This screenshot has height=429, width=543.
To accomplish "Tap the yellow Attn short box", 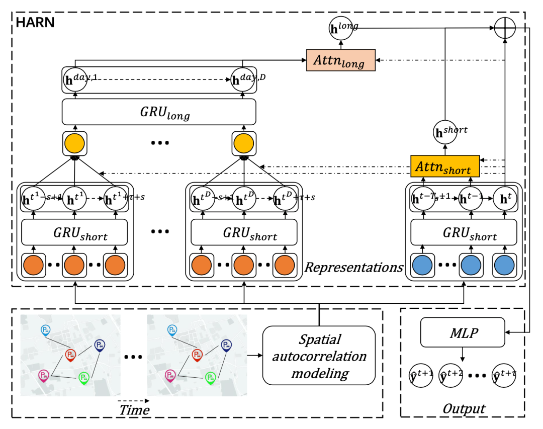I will tap(444, 166).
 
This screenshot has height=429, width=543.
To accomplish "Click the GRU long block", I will tap(159, 112).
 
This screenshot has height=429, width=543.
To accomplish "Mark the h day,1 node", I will tap(75, 79).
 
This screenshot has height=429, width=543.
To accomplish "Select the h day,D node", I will tap(243, 79).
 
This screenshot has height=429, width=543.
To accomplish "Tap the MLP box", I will tap(462, 332).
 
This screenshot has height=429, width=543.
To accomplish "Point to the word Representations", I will tap(354, 267).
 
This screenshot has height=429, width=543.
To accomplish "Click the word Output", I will tap(464, 408).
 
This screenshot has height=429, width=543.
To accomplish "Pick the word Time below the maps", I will tap(134, 410).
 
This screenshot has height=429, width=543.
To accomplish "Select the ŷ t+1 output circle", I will tap(420, 375).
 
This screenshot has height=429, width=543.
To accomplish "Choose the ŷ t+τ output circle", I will tap(504, 375).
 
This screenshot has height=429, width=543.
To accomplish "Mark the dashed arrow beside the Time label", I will tap(134, 401).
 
